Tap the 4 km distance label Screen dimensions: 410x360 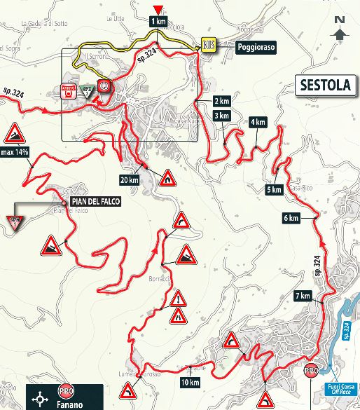(257, 122)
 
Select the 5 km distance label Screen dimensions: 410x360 (274, 189)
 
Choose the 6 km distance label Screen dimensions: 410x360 (291, 219)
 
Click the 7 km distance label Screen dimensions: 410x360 (303, 296)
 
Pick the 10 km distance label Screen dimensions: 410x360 (188, 382)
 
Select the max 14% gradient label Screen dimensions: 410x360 (14, 152)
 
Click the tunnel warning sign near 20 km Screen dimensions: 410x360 (167, 178)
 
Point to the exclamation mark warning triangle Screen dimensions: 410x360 (177, 299)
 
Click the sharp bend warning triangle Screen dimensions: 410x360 (182, 220)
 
